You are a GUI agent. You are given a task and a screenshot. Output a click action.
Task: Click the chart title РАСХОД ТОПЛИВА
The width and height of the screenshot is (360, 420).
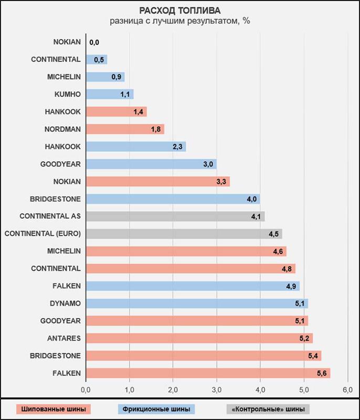coord(180,10)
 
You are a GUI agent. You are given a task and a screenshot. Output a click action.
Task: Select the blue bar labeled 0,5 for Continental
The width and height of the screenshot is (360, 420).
coord(96,59)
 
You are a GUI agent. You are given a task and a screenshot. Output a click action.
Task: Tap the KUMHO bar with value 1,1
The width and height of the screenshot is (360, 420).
coord(109,94)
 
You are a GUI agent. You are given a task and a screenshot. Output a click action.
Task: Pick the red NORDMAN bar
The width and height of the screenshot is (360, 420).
coord(125,129)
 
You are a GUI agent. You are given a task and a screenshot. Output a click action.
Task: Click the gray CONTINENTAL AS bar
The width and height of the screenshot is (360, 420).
coord(175,216)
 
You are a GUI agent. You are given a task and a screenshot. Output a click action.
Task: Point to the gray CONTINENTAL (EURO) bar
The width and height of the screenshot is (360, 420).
coord(184,234)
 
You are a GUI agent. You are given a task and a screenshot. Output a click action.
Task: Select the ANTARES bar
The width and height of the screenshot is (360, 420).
coord(199,338)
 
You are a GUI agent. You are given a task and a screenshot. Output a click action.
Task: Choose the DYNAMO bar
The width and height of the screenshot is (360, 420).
coord(197,303)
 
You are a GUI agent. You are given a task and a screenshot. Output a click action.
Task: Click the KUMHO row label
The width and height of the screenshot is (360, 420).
coord(68,94)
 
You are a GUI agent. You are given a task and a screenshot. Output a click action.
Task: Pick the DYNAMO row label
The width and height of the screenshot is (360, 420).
coord(66,303)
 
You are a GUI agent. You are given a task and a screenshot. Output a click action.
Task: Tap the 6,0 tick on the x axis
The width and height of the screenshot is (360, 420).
coord(347,390)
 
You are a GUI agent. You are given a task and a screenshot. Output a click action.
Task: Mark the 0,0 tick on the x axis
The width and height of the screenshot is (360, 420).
coord(86,390)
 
